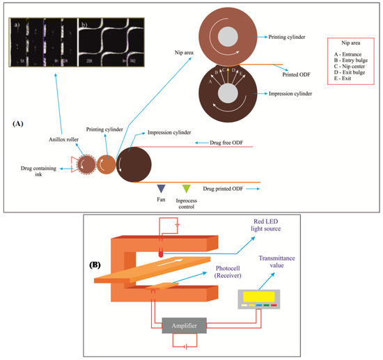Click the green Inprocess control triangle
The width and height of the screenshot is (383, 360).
tap(186, 188)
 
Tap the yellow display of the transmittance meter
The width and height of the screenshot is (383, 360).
tap(261, 296)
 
